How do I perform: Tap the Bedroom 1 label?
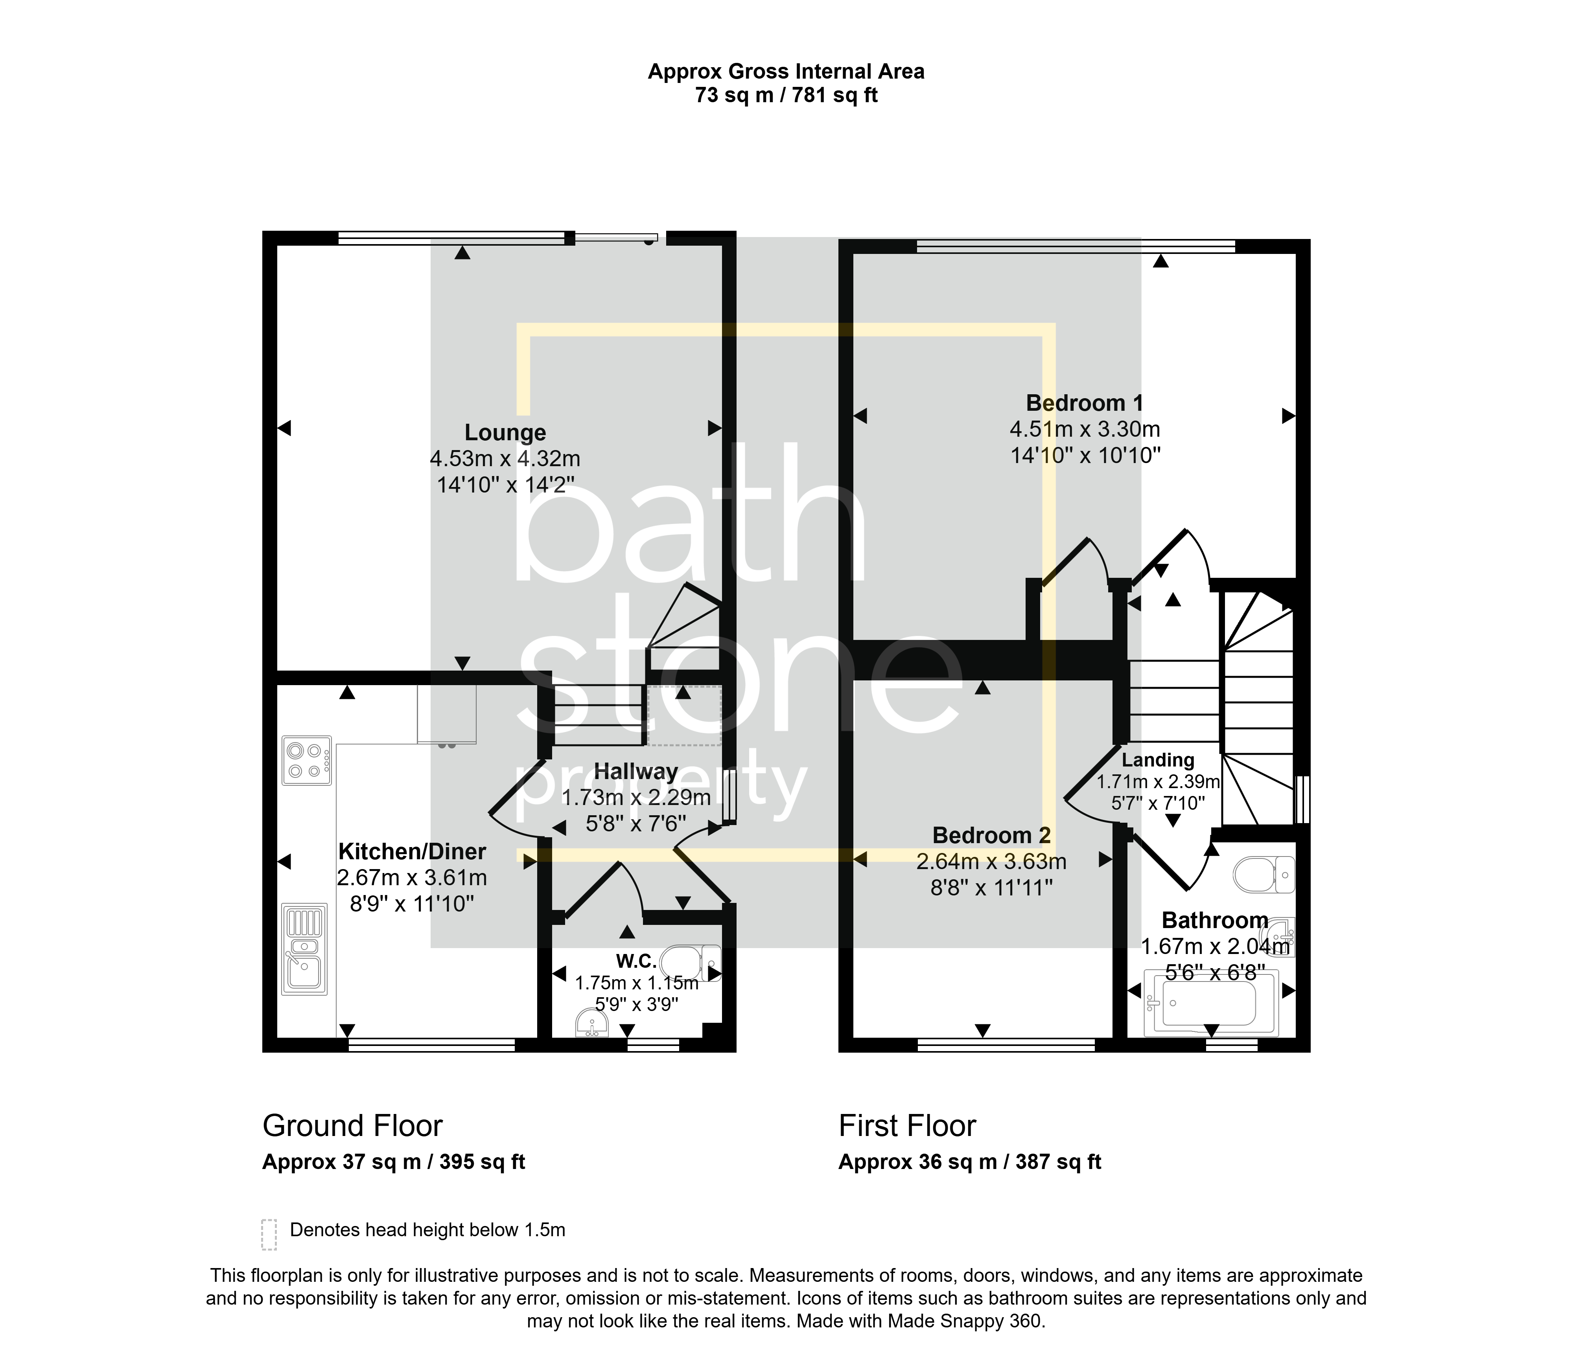1084,403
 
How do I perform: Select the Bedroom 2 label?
991,835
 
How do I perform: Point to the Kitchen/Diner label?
412,851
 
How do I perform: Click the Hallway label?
635,772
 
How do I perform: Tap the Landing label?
1158,760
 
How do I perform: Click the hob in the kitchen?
306,760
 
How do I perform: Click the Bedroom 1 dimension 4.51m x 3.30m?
1085,429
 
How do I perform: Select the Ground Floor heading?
352,1126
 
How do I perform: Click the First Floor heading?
907,1126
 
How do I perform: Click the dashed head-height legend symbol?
268,1235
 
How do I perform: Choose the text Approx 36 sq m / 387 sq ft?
969,1162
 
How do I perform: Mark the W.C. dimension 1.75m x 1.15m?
636,983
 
